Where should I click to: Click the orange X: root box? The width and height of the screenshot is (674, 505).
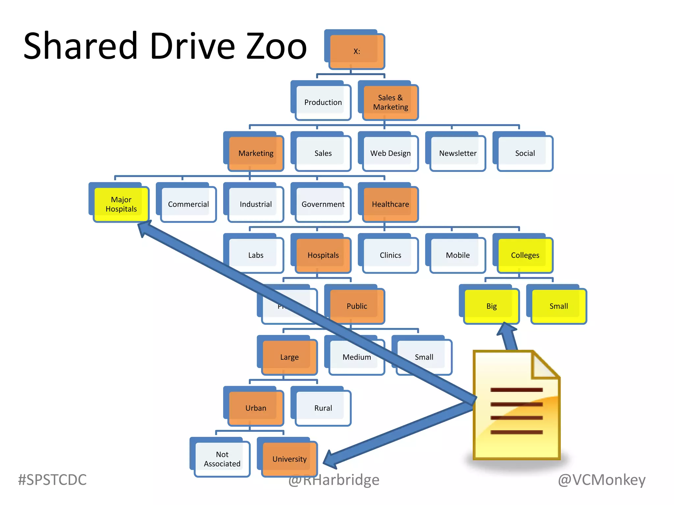357,51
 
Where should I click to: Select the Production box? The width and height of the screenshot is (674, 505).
323,102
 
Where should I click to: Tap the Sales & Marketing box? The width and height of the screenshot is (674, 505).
390,102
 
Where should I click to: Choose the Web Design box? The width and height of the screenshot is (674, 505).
390,153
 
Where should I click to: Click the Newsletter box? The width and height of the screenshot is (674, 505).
457,153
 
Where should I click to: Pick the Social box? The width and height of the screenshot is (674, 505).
525,153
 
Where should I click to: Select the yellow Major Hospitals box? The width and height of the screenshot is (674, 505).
121,204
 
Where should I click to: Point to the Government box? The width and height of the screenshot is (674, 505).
323,204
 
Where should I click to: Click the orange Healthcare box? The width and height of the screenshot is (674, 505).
390,204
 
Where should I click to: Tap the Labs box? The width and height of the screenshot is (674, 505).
256,255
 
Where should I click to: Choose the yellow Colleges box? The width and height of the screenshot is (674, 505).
525,255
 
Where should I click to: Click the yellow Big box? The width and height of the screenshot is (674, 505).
491,306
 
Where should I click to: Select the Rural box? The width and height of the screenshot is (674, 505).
323,408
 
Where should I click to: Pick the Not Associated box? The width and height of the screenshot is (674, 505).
222,459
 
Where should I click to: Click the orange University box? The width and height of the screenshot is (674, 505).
289,459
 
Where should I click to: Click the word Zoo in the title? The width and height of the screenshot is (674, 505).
276,46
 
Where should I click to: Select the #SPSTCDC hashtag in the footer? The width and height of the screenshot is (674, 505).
52,480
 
